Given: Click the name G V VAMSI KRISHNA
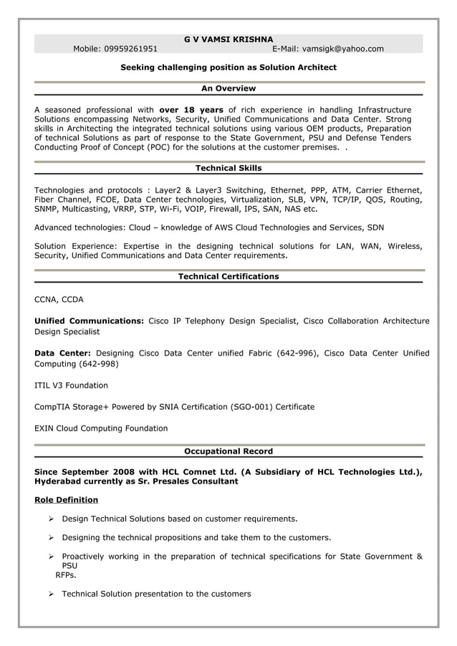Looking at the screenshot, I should pos(228,39).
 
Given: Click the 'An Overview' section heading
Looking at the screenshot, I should pos(228,89).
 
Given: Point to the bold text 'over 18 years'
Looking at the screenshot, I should pos(191,109).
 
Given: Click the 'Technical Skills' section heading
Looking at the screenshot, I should pos(228,168).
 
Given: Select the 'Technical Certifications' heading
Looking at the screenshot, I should pos(228,276).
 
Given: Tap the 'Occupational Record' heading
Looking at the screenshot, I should pos(228,451).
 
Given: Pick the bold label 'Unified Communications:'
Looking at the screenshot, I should pos(89,321).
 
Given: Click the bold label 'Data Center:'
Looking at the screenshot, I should pos(62,353).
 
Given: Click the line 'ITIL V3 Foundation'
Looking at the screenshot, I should pos(71,386).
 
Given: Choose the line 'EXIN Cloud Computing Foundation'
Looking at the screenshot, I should pos(101,429).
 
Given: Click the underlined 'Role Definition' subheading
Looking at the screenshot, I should pos(66,500).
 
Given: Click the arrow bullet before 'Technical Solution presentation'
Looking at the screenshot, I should pos(52,594).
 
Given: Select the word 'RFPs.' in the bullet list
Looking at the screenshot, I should pos(66,574).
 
